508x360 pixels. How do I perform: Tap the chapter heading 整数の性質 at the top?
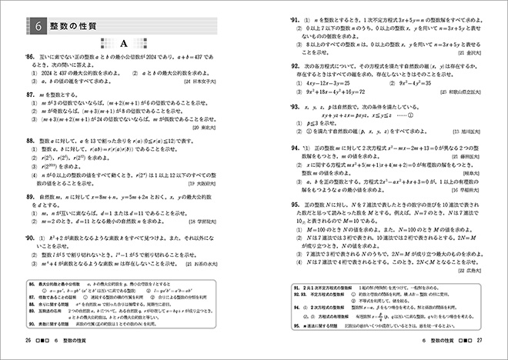(78, 25)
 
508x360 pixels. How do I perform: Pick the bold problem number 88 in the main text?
(32, 142)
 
